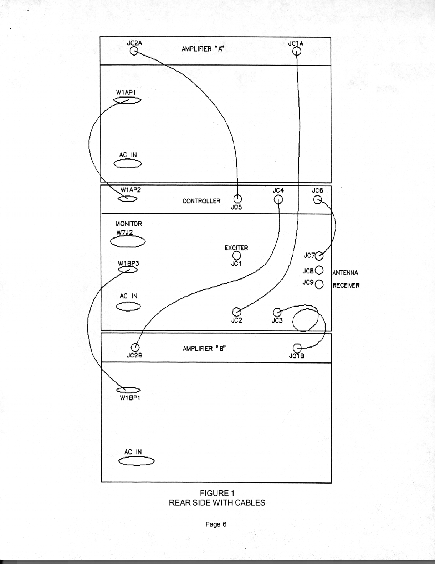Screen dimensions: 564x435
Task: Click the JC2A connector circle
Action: point(134,52)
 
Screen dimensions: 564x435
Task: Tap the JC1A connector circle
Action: point(297,52)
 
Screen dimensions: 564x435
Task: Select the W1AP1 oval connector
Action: point(127,101)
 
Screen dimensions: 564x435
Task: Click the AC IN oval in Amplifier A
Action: point(128,164)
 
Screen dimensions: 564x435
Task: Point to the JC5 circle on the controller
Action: point(237,199)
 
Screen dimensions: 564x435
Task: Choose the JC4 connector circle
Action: point(278,199)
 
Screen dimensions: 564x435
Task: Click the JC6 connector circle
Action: point(317,200)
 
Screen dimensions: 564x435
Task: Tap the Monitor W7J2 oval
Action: point(128,242)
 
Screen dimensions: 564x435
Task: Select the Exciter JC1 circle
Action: point(236,255)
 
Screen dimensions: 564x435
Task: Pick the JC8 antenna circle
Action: point(319,271)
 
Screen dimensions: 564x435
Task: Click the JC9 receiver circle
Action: point(319,284)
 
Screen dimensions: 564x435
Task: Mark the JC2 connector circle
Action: point(236,312)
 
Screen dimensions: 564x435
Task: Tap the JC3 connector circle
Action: point(277,312)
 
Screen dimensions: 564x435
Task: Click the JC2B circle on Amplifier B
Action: point(135,347)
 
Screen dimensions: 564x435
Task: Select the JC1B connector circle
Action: point(297,348)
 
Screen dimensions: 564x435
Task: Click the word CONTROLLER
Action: point(201,201)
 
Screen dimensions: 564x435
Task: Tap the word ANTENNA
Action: point(346,273)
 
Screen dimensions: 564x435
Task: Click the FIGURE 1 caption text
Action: point(217,493)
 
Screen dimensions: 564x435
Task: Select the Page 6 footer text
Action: point(216,524)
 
